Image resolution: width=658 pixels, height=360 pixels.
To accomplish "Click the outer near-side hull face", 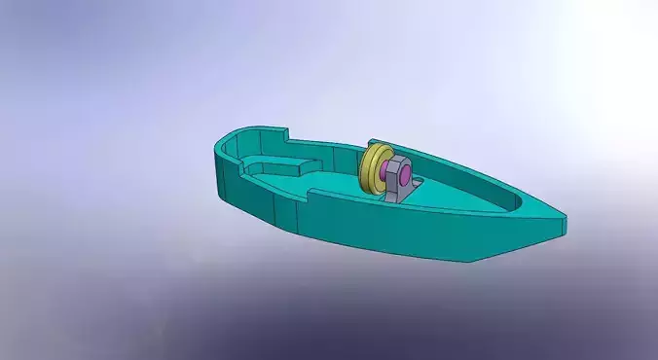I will [x=389, y=234].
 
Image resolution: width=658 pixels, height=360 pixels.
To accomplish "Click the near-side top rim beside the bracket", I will [x=409, y=210].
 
